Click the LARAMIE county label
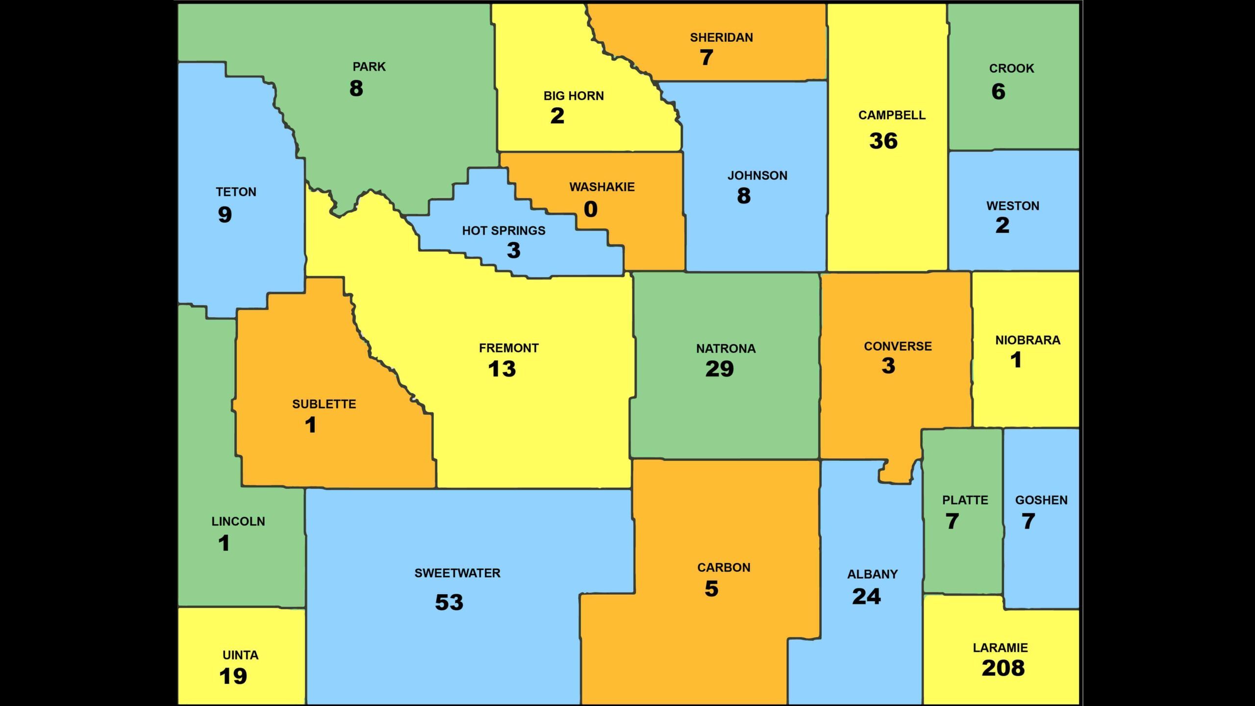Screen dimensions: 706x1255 1000,648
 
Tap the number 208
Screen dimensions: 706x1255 1003,668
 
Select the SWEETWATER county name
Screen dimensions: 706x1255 457,573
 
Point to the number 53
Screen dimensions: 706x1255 449,603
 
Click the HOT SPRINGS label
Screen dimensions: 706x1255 503,230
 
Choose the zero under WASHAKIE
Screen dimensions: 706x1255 591,209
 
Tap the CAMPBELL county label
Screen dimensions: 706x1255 892,115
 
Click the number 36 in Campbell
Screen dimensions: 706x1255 883,141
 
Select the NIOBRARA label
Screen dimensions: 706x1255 1028,340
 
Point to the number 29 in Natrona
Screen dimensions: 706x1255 720,369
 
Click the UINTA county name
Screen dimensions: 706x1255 240,655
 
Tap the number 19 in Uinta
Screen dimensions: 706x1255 233,677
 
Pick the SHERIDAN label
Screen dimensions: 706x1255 721,38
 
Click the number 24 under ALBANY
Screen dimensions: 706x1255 866,597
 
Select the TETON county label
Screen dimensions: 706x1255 236,192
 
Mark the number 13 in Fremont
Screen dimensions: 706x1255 502,369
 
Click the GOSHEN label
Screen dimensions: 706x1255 1041,500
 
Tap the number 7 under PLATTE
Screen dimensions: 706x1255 952,521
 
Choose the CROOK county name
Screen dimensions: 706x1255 1011,69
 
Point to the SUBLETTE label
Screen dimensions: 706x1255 324,404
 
